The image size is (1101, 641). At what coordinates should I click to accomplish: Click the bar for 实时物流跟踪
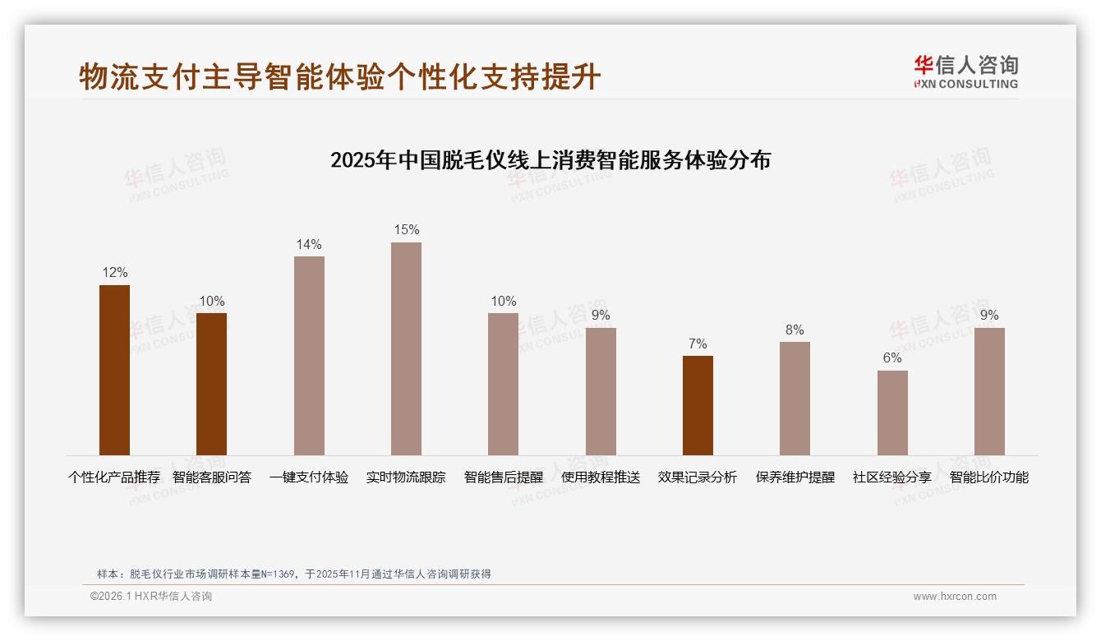406,348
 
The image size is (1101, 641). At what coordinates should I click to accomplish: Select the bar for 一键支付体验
309,355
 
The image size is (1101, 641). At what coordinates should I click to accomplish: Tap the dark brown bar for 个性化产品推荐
114,370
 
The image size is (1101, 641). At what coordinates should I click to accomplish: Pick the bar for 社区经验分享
892,413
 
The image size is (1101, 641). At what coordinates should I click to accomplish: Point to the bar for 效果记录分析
698,405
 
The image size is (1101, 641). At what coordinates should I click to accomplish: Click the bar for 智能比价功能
989,391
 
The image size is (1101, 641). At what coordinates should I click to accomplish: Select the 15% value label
406,230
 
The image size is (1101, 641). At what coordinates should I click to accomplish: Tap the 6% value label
892,358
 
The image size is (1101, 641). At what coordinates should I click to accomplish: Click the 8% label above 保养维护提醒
795,330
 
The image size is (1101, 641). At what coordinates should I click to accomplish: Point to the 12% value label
114,273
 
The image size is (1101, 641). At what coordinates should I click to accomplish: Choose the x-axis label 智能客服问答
212,477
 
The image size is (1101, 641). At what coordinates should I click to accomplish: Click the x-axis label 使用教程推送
601,477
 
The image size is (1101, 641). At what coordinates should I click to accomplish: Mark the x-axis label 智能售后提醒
504,477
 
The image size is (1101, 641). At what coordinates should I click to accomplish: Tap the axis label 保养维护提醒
795,477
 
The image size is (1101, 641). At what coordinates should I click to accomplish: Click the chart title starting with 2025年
550,160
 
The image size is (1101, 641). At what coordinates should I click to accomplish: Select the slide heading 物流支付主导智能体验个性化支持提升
340,77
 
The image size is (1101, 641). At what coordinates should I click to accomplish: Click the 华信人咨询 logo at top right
965,71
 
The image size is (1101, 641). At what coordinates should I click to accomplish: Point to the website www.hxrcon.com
955,597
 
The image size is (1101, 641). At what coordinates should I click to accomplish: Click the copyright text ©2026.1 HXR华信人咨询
151,597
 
